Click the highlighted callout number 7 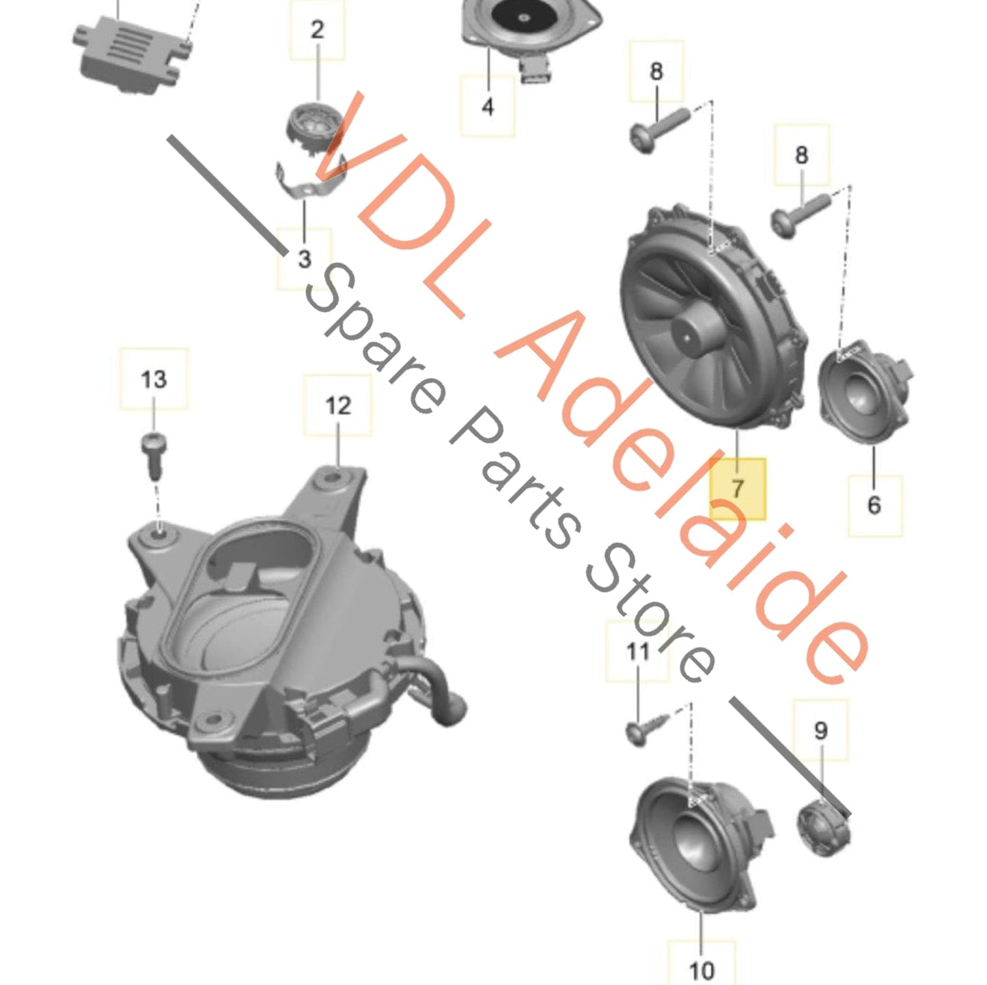737,489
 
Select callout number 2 317,30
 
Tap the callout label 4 488,106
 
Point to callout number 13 154,379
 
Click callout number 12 337,405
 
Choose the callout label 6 874,505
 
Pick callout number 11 638,652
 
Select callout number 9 820,730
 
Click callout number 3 304,259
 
